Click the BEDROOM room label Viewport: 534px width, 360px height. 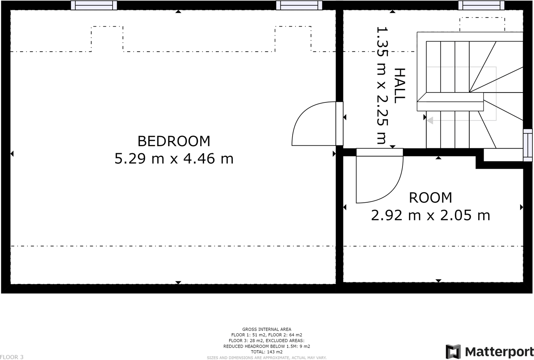174,141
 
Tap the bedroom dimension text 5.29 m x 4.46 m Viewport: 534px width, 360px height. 174,158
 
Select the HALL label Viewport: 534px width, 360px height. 399,85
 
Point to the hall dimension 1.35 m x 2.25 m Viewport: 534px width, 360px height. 382,85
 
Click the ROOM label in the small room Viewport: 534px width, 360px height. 430,198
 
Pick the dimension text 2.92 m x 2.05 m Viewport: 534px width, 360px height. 430,215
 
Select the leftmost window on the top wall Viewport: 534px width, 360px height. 94,5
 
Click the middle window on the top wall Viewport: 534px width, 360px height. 299,5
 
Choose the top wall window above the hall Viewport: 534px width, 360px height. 481,5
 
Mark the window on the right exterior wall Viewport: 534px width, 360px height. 527,145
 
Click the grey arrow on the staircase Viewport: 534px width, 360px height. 429,120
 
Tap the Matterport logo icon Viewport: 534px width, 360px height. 453,352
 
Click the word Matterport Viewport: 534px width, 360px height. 499,352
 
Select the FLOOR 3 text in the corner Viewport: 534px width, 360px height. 12,357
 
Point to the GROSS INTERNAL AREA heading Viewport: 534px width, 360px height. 266,329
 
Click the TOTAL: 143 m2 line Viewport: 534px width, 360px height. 266,352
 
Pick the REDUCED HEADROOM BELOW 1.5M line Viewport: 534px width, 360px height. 266,346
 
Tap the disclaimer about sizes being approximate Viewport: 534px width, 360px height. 266,358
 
